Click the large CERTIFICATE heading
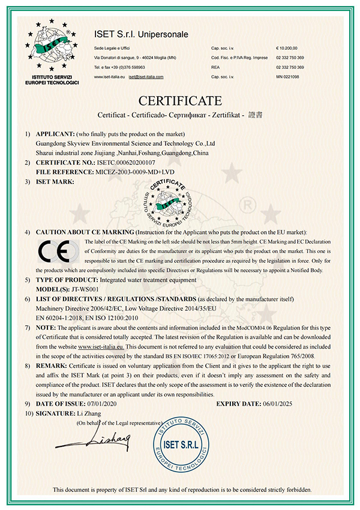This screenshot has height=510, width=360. point(180,99)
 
